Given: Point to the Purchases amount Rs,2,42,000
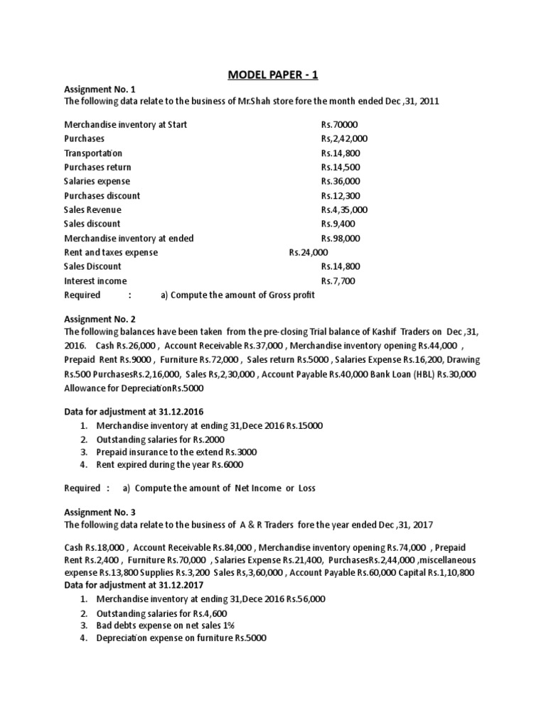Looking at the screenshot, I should point(344,139).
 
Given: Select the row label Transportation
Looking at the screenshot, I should point(93,153).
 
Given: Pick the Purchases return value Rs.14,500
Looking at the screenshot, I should point(341,168).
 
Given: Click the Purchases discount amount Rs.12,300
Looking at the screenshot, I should point(341,196).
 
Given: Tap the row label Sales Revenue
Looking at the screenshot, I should point(92,210).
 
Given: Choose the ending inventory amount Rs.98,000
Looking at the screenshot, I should point(341,239).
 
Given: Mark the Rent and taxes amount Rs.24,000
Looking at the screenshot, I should point(309,253).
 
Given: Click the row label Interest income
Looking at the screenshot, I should point(95,281).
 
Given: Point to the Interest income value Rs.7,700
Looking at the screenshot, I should point(338,281).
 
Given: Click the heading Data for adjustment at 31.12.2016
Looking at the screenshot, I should point(134,412).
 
